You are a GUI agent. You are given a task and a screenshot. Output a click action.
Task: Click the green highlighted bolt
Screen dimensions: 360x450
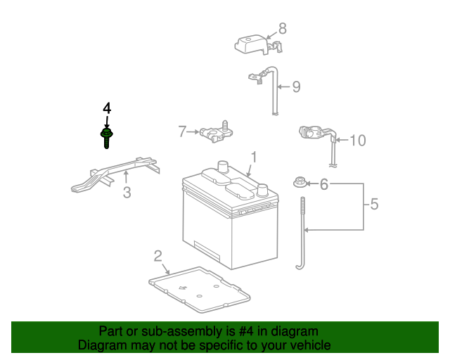point(107,136)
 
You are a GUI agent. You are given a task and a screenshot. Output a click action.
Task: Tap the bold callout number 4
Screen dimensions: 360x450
point(107,108)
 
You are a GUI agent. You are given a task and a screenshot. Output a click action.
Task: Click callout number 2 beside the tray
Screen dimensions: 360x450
point(158,255)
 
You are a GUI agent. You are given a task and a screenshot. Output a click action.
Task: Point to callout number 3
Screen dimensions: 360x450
point(127,192)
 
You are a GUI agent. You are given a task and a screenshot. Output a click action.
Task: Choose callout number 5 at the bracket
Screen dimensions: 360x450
point(374,205)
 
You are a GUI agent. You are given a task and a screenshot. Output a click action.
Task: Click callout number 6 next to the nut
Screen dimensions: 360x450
point(324,184)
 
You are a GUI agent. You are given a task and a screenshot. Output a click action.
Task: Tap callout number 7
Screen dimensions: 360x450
point(182,131)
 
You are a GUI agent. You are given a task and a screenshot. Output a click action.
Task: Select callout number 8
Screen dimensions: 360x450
point(283,29)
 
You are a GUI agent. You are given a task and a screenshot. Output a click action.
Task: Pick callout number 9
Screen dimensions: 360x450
point(296,87)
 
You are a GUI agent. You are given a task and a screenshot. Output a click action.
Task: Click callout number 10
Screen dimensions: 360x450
point(357,141)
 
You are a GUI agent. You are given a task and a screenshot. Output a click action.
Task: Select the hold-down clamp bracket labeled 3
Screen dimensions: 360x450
point(116,176)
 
